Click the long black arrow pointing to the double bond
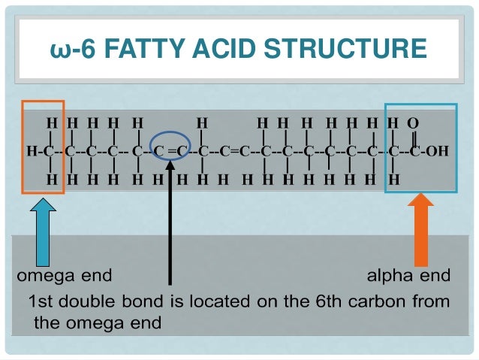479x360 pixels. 171,225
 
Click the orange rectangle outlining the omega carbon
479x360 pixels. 44,147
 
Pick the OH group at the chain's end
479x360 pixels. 436,151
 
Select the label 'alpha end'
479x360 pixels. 408,276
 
